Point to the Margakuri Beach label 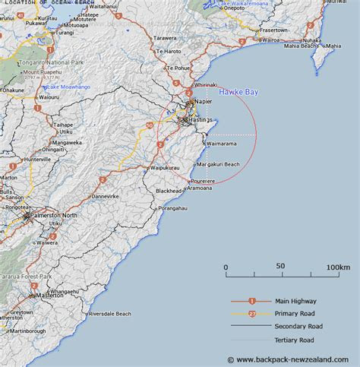[x=218, y=164]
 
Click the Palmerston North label [x=53, y=216]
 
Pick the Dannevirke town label [x=105, y=196]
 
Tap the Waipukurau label [x=164, y=167]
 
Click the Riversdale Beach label [x=110, y=313]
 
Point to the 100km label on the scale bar [x=337, y=267]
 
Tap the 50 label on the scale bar [x=281, y=267]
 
